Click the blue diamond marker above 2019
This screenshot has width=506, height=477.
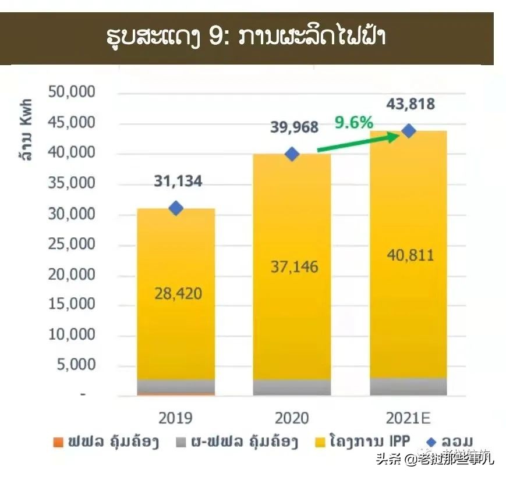pos(176,208)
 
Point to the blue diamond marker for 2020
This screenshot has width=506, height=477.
pos(292,154)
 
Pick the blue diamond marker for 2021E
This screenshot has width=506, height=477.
pos(409,131)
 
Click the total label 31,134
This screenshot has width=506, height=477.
pos(178,181)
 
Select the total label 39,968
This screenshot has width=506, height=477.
pos(294,127)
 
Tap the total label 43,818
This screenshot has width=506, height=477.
pos(410,104)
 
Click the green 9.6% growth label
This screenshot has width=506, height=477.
pos(353,123)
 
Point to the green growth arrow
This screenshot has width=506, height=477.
pos(356,143)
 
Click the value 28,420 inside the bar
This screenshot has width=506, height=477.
pos(178,293)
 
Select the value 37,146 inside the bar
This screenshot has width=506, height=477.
pos(294,267)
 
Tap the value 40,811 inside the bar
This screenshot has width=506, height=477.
pos(410,255)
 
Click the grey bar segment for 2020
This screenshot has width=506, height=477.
pos(292,387)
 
